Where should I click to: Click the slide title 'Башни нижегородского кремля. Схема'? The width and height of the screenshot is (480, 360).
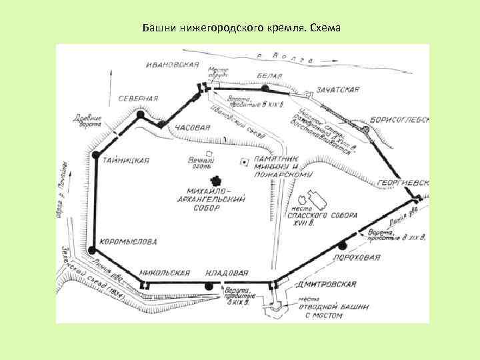pyautogui.click(x=241, y=29)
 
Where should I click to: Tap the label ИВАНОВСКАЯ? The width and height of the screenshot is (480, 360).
pyautogui.click(x=173, y=64)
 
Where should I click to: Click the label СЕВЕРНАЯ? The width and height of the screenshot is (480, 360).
pyautogui.click(x=138, y=98)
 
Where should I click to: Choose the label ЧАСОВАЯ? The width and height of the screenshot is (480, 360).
pyautogui.click(x=193, y=127)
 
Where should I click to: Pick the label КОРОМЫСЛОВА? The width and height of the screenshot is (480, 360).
pyautogui.click(x=128, y=241)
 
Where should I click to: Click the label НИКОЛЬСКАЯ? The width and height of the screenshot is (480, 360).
pyautogui.click(x=165, y=273)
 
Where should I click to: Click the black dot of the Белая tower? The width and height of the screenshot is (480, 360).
pyautogui.click(x=265, y=88)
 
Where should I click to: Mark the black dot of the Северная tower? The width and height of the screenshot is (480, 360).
pyautogui.click(x=140, y=115)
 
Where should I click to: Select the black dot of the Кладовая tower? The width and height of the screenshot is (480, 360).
pyautogui.click(x=209, y=286)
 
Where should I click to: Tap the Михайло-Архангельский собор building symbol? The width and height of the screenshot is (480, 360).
pyautogui.click(x=215, y=181)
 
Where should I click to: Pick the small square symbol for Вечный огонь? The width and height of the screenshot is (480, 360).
pyautogui.click(x=209, y=153)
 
